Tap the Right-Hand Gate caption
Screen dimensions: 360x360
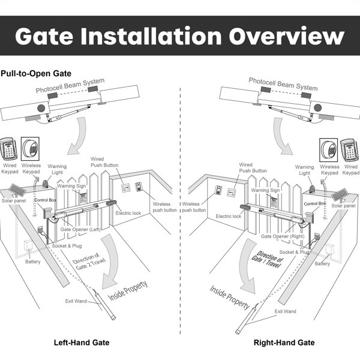284,343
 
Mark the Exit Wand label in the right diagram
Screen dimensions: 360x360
285,311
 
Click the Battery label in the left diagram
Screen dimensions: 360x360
32,262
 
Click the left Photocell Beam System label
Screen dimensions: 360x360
78,85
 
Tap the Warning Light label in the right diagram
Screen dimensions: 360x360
304,170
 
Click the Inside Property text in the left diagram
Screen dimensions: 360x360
125,290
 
